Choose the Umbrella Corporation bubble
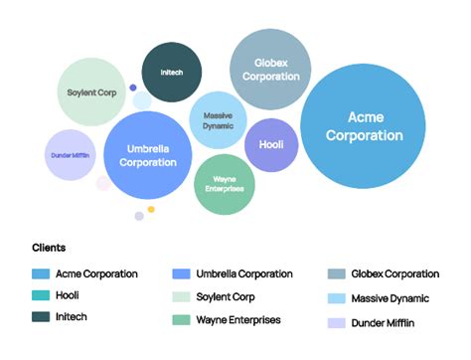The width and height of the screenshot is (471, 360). tap(148, 155)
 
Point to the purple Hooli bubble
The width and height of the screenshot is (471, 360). tap(271, 144)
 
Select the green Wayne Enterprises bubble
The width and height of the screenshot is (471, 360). tap(225, 184)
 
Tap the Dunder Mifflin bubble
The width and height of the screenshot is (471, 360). tap(69, 154)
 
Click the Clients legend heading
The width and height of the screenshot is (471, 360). tap(49, 248)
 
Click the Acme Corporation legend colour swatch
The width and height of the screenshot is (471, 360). tap(41, 273)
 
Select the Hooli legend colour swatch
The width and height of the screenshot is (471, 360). tap(41, 295)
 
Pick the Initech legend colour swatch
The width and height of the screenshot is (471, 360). tap(41, 317)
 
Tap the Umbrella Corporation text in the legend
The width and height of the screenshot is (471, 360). tap(243, 273)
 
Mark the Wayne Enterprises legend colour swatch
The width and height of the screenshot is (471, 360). tap(181, 320)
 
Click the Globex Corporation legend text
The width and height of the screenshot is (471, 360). tap(394, 273)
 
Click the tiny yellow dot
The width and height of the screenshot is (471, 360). tap(151, 209)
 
